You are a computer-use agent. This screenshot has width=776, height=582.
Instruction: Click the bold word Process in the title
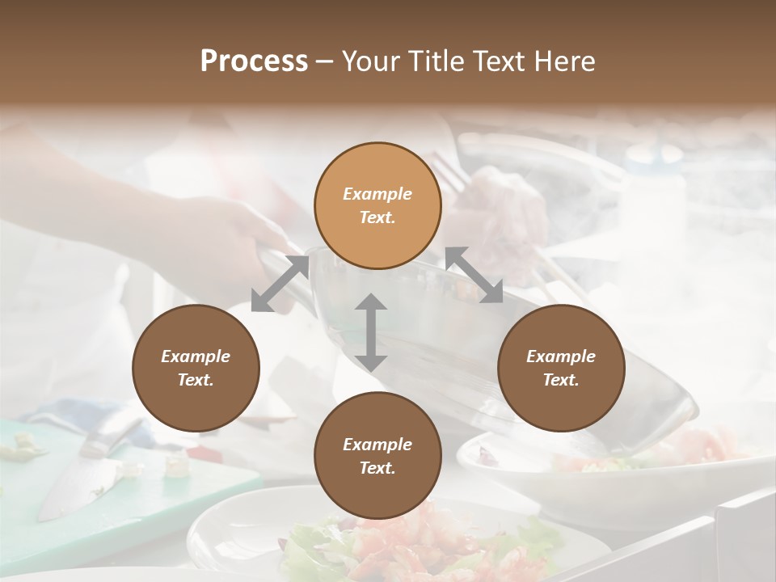(x=254, y=61)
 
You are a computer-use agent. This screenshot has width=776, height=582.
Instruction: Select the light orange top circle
(x=377, y=205)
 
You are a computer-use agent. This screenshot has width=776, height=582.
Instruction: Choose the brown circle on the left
(x=196, y=368)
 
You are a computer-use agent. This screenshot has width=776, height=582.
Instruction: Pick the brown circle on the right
(x=560, y=368)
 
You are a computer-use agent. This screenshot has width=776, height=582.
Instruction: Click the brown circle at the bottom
(x=377, y=456)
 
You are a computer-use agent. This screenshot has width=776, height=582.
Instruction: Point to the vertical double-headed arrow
(x=371, y=332)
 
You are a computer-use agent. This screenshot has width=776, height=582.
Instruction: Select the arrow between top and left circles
(x=280, y=284)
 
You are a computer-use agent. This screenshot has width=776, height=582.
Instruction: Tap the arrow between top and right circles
(x=474, y=275)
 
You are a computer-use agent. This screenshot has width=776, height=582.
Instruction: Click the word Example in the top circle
(x=377, y=194)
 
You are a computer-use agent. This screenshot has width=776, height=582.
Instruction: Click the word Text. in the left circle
(x=196, y=380)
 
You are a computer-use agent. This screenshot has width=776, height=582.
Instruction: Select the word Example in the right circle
(x=560, y=356)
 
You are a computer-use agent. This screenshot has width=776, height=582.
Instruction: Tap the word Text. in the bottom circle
(x=377, y=468)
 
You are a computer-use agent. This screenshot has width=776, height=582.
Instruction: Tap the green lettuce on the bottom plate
(x=307, y=550)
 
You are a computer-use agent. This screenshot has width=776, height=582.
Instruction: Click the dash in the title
(x=324, y=61)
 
